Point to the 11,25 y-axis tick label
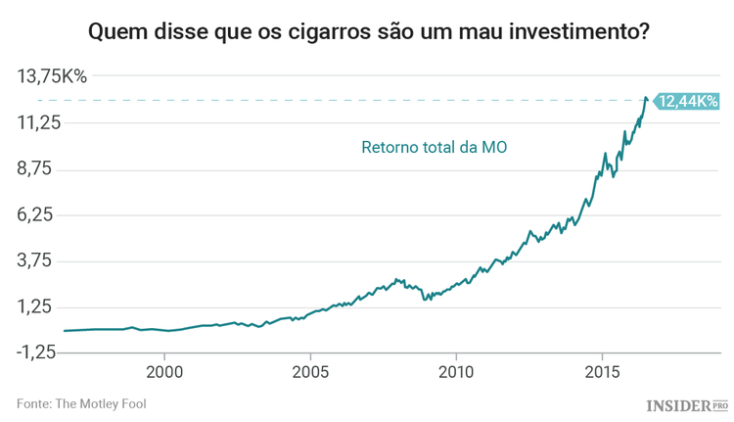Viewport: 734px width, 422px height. (39, 123)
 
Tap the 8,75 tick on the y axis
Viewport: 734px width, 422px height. (39, 169)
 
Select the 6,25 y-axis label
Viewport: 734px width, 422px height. (39, 215)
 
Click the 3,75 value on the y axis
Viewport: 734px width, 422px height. (39, 261)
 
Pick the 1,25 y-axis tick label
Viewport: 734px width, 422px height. (39, 307)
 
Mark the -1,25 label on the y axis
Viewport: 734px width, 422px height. (37, 353)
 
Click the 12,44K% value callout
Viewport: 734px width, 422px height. (687, 101)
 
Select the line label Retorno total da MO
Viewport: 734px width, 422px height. (434, 148)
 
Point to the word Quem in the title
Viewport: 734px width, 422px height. (114, 32)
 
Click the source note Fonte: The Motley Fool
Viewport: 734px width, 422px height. (81, 403)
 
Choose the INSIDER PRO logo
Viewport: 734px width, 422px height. (687, 403)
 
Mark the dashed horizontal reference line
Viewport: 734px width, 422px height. (343, 101)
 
